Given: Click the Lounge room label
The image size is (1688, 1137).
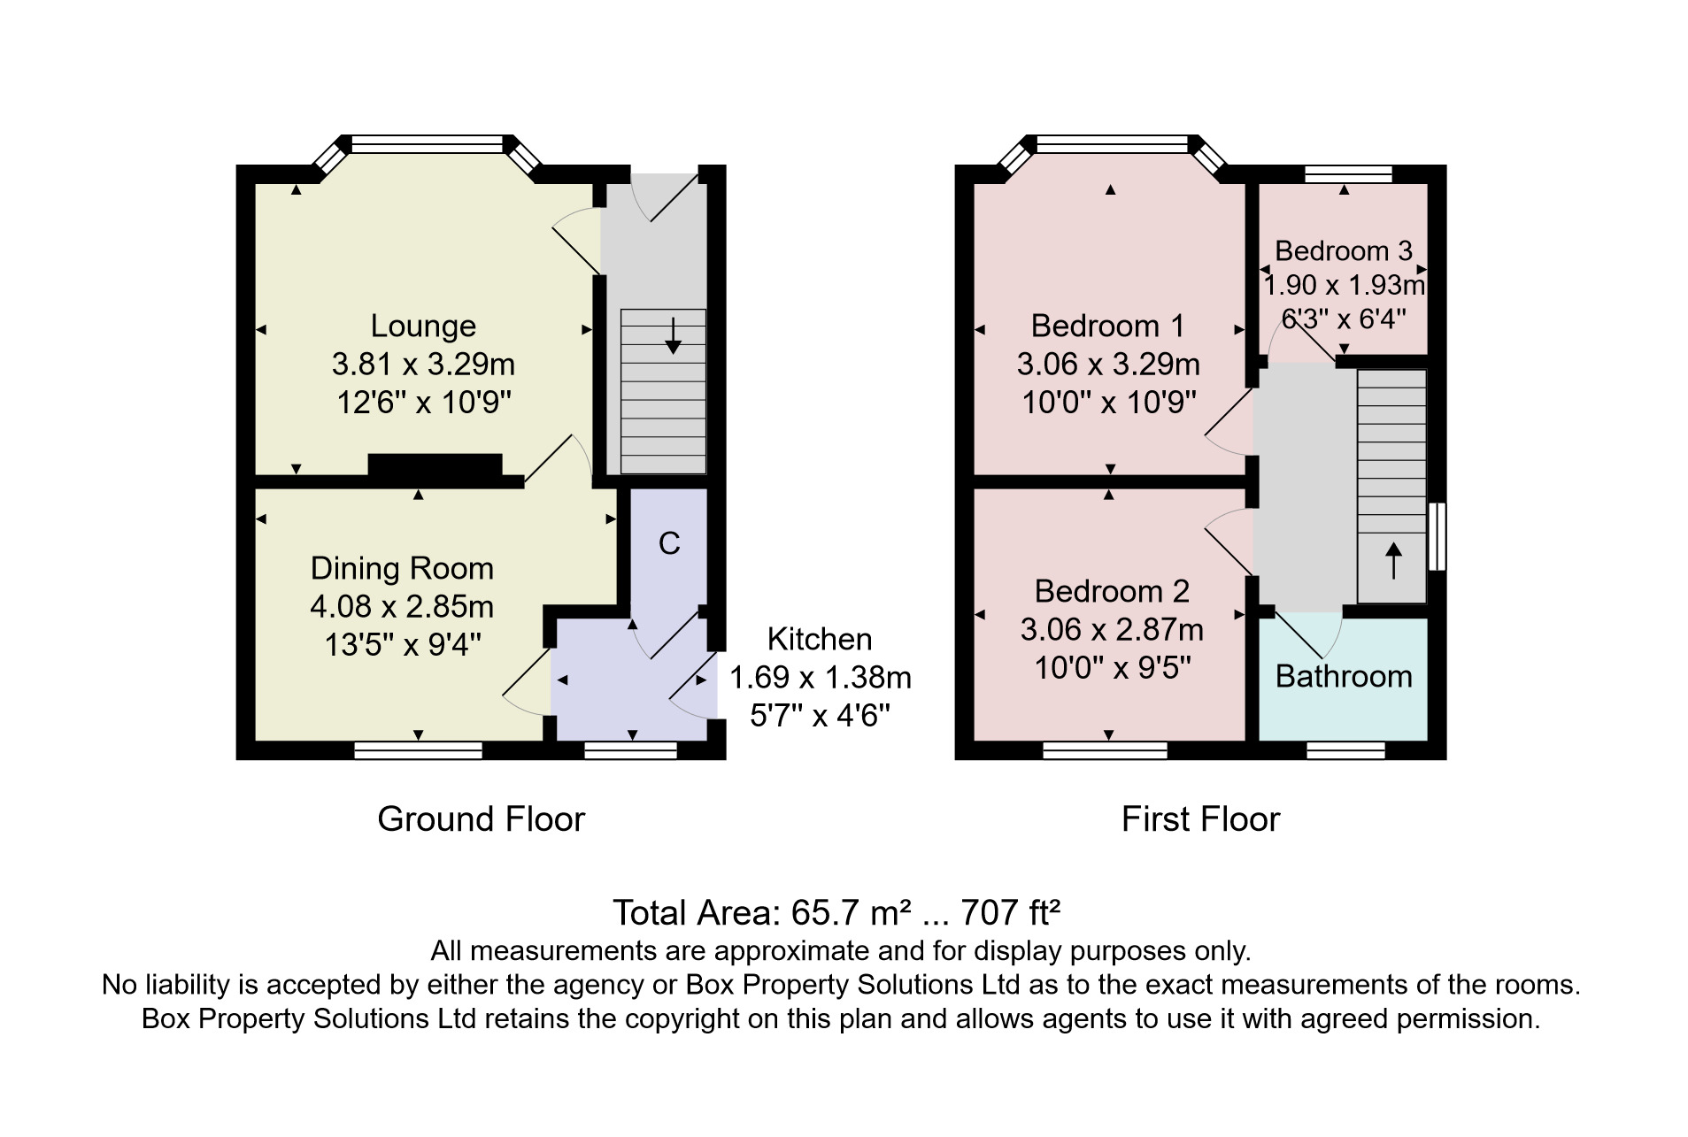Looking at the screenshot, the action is point(422,327).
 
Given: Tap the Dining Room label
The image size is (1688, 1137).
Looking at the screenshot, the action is point(402,568).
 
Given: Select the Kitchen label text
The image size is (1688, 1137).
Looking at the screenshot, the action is point(820,639).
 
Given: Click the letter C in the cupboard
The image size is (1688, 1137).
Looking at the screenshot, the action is point(669,543).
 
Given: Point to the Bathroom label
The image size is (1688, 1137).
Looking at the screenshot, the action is point(1344,677).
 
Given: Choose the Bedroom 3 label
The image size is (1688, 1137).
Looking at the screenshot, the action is point(1344,251).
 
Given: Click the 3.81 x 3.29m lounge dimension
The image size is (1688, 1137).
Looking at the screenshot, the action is point(423,365).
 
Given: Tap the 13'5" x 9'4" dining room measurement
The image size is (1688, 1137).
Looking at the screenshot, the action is point(403,645).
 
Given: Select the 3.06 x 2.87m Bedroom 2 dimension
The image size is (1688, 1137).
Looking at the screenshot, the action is point(1112,630).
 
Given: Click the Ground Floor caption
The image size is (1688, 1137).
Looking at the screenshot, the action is point(482,819).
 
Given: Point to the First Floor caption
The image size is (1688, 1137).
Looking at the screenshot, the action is point(1200,819).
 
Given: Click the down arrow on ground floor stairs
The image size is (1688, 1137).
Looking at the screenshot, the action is point(673,335).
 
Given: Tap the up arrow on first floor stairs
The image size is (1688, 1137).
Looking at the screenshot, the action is point(1393,560).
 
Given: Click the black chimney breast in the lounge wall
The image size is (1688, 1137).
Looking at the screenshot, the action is point(435,465).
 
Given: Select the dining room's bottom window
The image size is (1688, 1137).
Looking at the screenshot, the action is point(418,750).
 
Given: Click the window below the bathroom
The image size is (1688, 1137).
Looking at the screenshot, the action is point(1345,750).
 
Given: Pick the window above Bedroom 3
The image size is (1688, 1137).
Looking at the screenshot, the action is point(1348,173).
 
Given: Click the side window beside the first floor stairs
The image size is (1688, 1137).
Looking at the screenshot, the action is point(1438,536).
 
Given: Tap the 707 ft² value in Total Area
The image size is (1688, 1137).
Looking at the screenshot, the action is point(1011,912).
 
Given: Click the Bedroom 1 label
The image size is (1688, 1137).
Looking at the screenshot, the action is point(1107,327).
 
